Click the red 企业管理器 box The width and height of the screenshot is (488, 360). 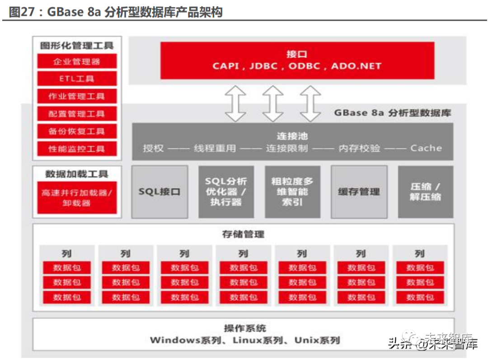(x=77, y=61)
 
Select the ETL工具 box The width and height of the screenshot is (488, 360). (x=77, y=79)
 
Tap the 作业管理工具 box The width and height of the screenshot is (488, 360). (x=77, y=96)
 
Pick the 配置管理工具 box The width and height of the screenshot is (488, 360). (x=77, y=114)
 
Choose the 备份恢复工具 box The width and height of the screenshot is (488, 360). (x=77, y=131)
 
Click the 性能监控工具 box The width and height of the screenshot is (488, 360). (x=77, y=148)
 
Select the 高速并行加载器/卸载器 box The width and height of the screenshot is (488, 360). (x=77, y=198)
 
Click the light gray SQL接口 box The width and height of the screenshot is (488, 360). (x=160, y=192)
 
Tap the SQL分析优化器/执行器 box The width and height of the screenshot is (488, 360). (x=226, y=192)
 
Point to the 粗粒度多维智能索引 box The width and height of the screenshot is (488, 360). (x=292, y=192)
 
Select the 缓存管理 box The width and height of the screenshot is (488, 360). (x=359, y=192)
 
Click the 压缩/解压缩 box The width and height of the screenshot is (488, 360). (x=425, y=192)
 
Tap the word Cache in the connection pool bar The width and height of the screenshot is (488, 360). (x=426, y=148)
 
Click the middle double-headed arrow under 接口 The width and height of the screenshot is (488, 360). (x=273, y=104)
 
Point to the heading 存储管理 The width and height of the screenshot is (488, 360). (x=243, y=234)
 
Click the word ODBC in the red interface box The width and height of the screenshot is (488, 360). (x=305, y=66)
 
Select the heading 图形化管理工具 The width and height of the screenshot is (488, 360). (x=77, y=45)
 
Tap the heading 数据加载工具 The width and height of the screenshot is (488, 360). (x=77, y=174)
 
